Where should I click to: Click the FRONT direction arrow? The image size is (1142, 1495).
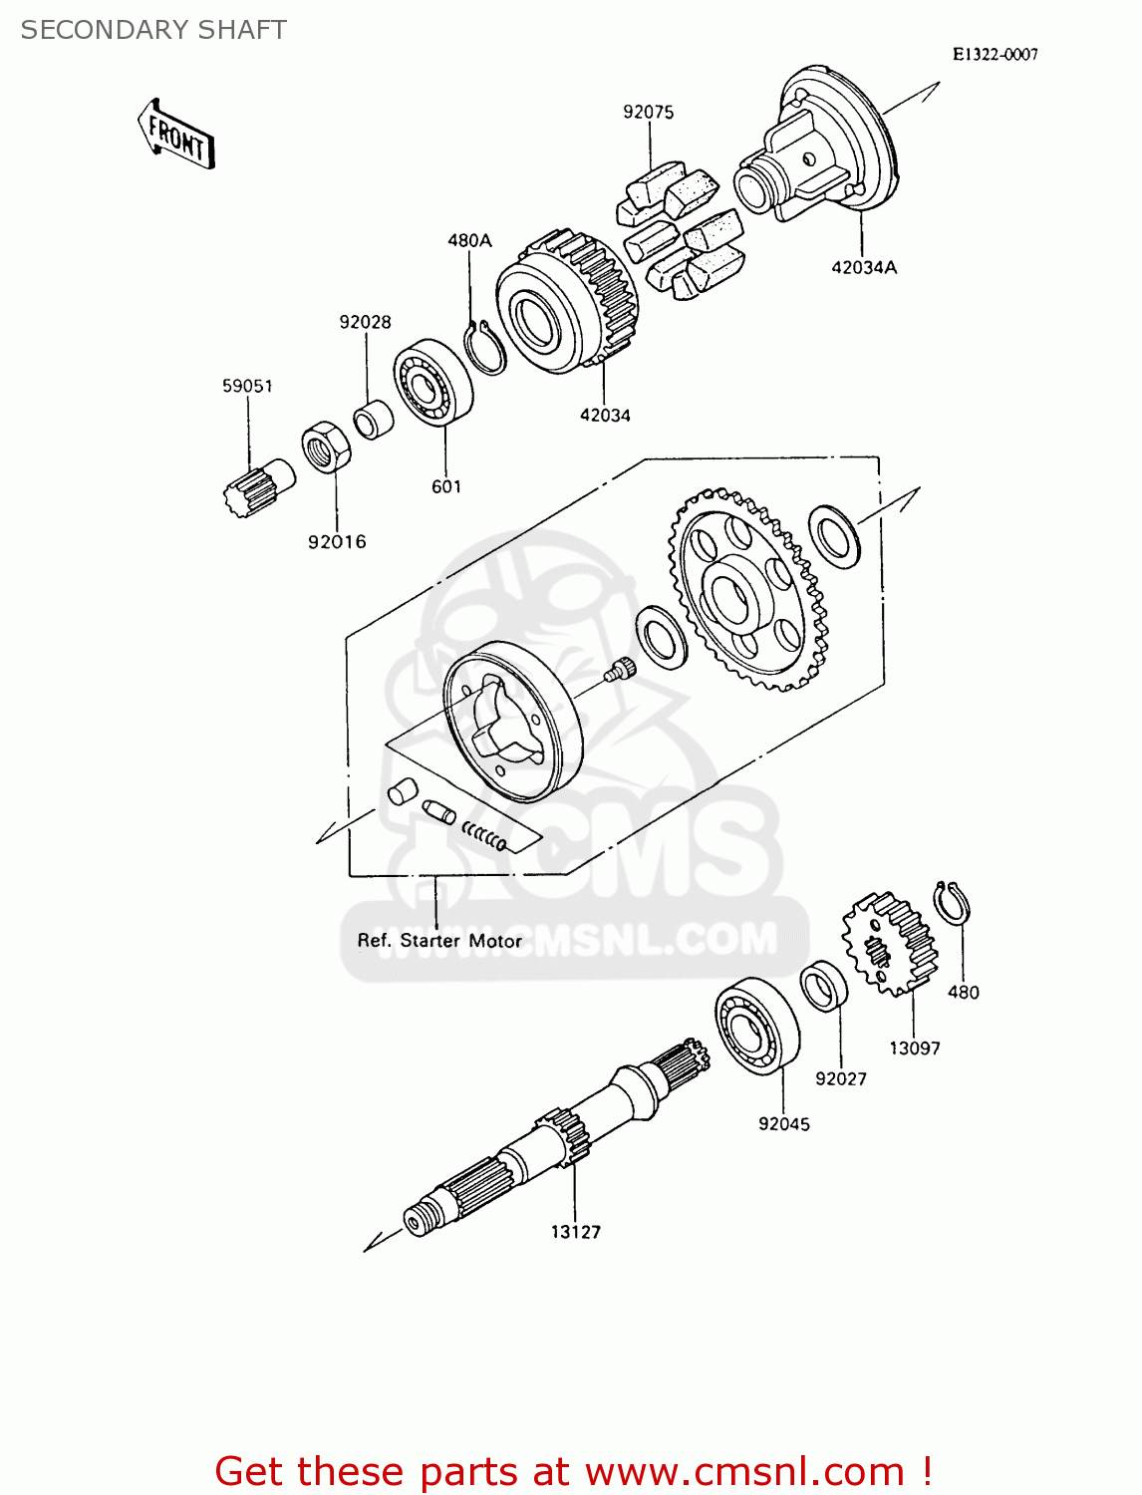(x=175, y=134)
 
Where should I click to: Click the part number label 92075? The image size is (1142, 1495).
(x=648, y=113)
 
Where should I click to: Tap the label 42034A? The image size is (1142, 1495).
(x=863, y=267)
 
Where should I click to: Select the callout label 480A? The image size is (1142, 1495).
(x=469, y=240)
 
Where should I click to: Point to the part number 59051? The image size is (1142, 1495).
(x=247, y=386)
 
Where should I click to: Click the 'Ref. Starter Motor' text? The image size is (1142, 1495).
(x=439, y=941)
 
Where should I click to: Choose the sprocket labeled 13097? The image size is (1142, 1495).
(x=890, y=943)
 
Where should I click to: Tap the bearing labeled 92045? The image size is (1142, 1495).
(x=757, y=1026)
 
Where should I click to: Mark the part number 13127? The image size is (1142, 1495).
(x=576, y=1232)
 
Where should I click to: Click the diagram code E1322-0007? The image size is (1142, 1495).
(x=995, y=55)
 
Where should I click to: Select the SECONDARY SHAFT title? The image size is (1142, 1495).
(x=153, y=30)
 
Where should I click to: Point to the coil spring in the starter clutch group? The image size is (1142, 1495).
(x=484, y=836)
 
